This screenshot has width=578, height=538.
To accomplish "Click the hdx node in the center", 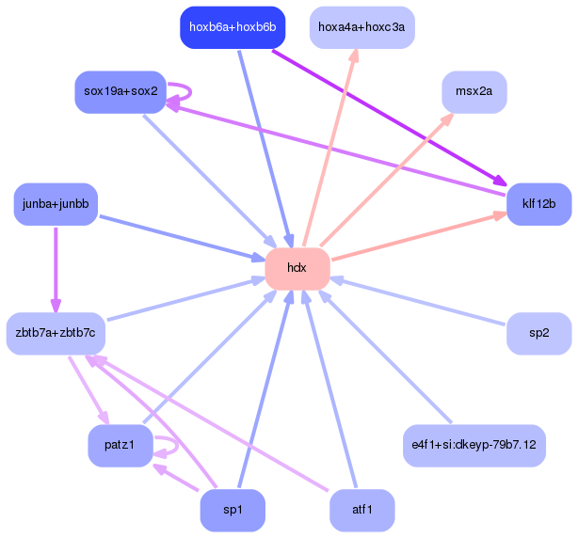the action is point(297,269).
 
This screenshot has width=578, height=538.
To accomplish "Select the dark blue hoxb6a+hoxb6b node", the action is point(233,27).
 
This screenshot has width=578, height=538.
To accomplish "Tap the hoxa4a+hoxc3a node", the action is point(362,27).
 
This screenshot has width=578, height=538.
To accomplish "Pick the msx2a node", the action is point(474,92).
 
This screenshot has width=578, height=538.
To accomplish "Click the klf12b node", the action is point(538,204).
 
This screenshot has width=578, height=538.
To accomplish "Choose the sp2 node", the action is point(538,334).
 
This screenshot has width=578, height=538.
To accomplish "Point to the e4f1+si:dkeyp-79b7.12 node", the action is point(474,446).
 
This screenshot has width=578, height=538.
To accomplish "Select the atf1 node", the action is point(362,511).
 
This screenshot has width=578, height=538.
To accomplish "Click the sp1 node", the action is point(233,511).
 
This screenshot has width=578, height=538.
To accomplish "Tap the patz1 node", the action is point(120,446).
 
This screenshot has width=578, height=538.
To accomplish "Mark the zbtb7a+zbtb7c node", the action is point(56,334).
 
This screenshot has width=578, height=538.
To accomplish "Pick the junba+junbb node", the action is point(56,204).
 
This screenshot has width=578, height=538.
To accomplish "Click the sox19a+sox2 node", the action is point(120,92).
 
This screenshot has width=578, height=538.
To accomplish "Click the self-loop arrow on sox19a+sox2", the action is point(190,92).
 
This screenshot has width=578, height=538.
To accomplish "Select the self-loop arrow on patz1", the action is point(177,446).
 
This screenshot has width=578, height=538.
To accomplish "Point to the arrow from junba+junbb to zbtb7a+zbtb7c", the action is point(56,270).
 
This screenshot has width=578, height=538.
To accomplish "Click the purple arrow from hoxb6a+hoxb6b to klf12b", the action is point(390,118).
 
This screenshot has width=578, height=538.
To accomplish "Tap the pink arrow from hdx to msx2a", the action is point(387,180).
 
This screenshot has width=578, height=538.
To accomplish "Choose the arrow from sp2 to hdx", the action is point(417,302).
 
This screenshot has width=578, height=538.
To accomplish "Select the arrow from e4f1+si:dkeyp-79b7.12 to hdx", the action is point(385,356).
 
